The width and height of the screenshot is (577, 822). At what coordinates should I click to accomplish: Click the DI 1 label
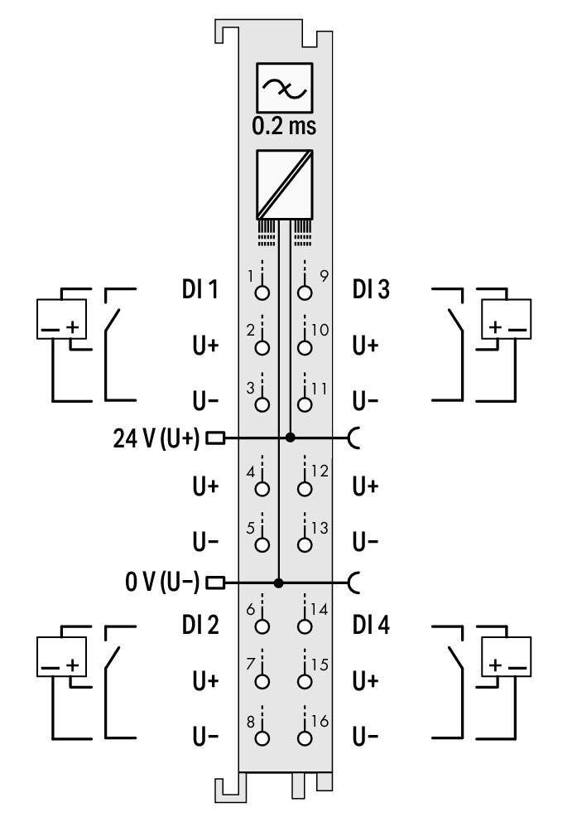tap(200, 290)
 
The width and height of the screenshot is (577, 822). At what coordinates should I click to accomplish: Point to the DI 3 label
tap(369, 290)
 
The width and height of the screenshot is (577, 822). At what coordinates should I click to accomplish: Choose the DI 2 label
tap(200, 626)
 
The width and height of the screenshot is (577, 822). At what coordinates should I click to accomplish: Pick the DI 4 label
tap(369, 626)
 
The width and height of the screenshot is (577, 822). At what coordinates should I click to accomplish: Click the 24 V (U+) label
tap(156, 438)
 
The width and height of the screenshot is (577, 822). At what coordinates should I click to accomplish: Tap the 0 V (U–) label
tap(162, 583)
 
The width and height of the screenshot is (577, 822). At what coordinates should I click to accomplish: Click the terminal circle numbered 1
tap(263, 293)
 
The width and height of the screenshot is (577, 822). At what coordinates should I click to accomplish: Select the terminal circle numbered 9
tap(306, 293)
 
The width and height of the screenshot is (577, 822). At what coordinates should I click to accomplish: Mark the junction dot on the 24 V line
tap(290, 438)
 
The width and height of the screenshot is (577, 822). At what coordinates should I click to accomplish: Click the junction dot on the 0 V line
tap(279, 583)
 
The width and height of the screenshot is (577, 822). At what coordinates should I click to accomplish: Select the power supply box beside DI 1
tap(60, 318)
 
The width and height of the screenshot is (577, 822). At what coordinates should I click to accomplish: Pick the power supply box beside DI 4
tap(505, 654)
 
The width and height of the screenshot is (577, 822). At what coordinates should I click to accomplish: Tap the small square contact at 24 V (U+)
tap(214, 438)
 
